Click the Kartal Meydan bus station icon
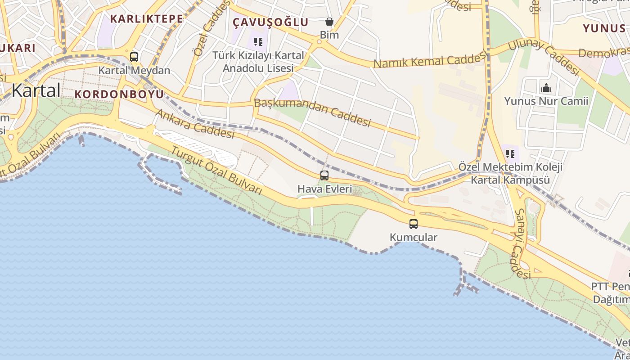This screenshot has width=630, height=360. click(134, 57)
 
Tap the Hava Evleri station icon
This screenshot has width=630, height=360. click(324, 175)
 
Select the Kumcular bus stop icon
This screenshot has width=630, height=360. click(413, 224)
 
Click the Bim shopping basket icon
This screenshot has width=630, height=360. click(329, 22)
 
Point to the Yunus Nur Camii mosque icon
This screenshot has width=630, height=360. click(546, 88)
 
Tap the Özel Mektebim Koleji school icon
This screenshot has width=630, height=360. click(510, 154)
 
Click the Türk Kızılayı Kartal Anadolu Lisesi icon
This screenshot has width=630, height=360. click(258, 42)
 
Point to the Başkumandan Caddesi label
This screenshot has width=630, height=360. click(312, 112)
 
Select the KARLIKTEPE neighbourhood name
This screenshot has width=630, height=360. click(146, 19)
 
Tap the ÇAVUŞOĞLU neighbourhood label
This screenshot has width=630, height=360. click(270, 22)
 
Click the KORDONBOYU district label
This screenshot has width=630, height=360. click(119, 94)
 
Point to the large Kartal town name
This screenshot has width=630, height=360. click(36, 90)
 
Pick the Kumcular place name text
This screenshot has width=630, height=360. click(413, 237)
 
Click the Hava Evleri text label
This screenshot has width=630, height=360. click(324, 189)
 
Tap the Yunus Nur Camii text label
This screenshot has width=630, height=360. click(546, 101)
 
